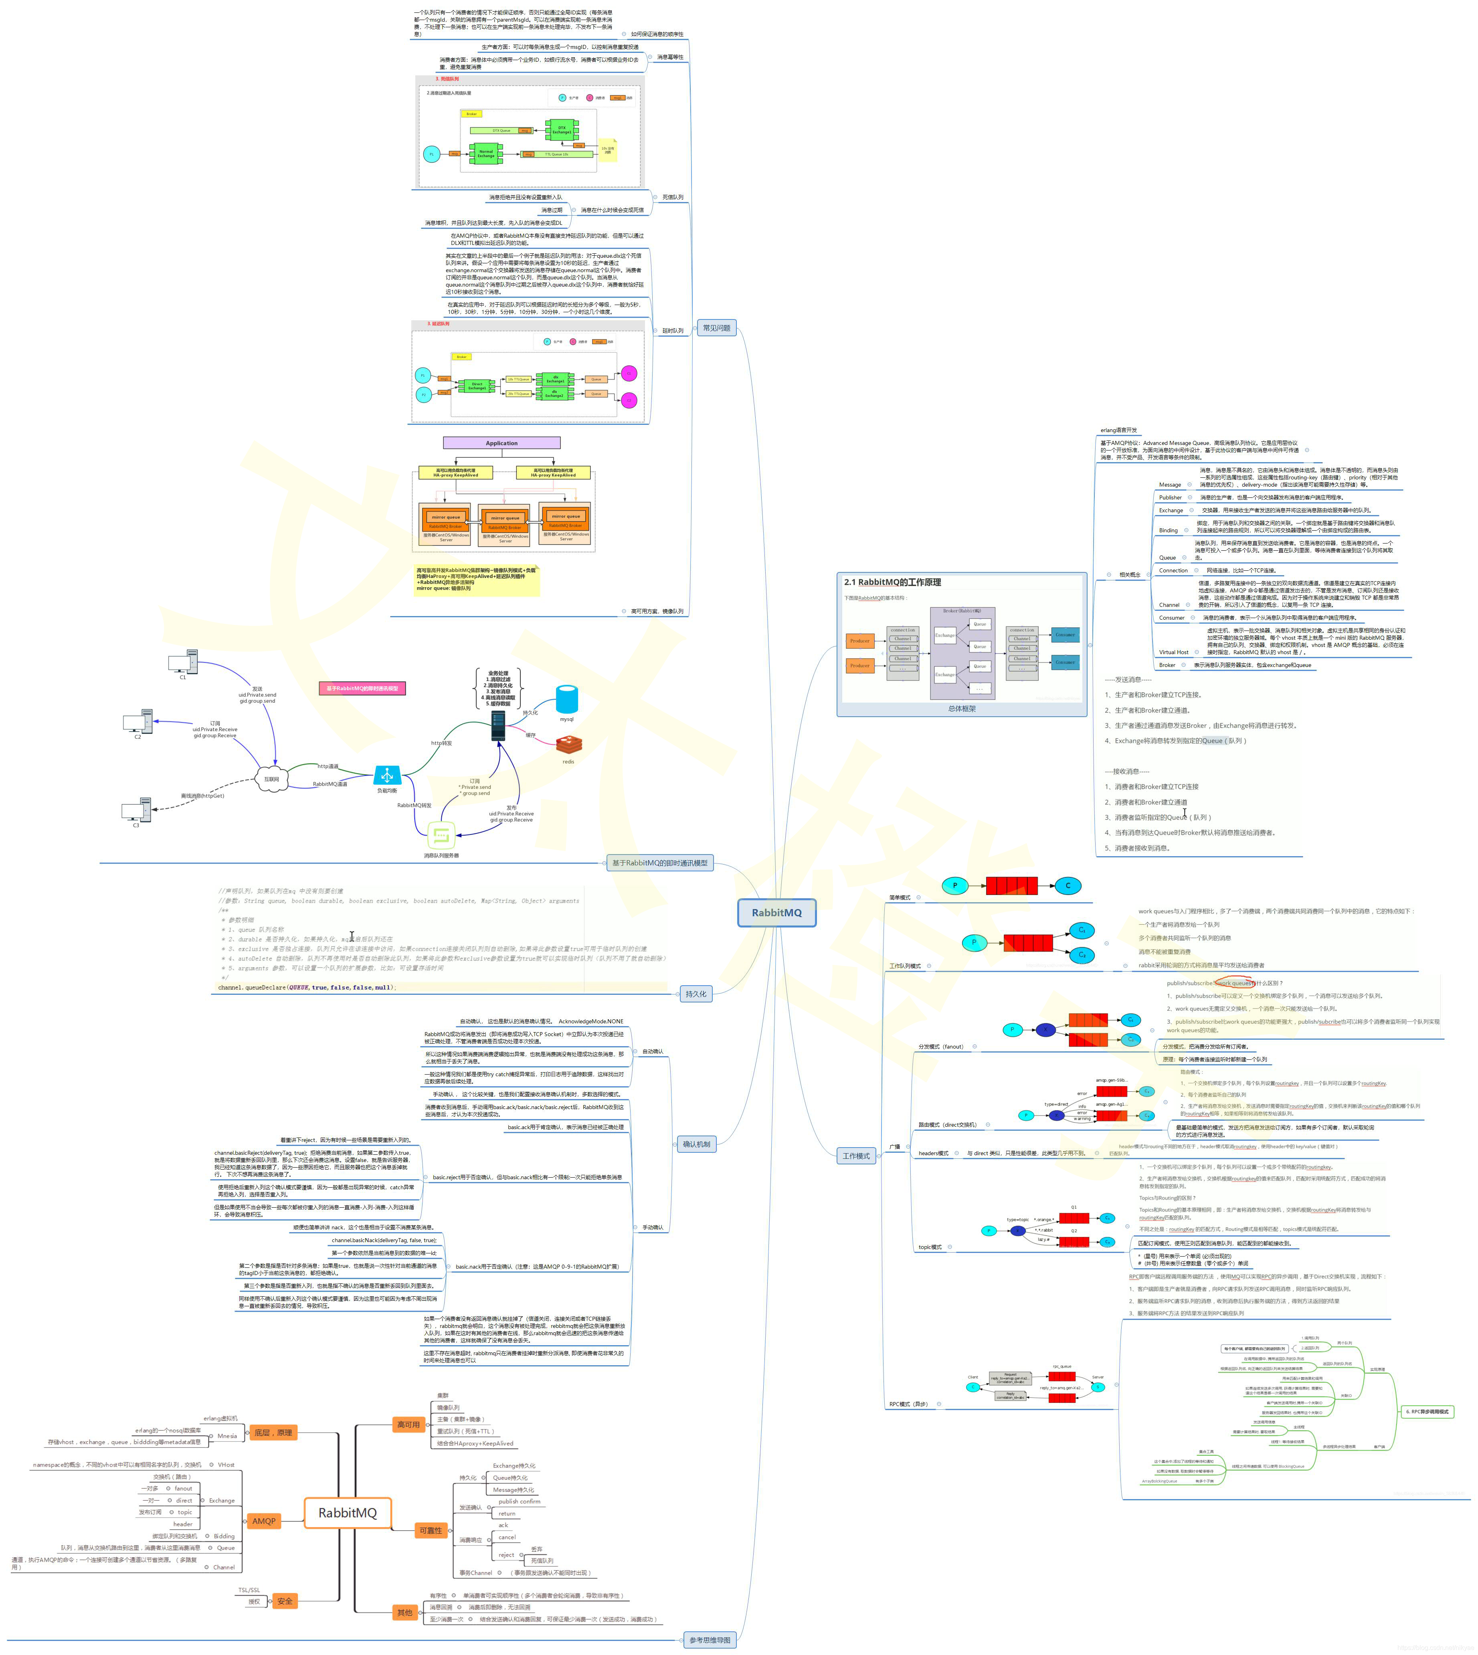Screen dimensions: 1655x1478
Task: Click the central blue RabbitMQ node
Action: (x=776, y=912)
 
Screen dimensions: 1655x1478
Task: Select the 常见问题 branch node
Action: (x=716, y=328)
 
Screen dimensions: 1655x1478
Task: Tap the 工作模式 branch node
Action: (x=856, y=1156)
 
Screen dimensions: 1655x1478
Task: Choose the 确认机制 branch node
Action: (x=696, y=1144)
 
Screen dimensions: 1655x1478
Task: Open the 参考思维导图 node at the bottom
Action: (x=710, y=1640)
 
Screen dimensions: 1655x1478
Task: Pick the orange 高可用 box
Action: (x=408, y=1425)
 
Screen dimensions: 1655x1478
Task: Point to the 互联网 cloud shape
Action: (x=271, y=778)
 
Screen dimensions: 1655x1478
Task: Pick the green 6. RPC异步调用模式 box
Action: (x=1427, y=1411)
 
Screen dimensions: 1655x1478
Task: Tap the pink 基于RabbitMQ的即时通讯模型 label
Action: (x=362, y=688)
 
